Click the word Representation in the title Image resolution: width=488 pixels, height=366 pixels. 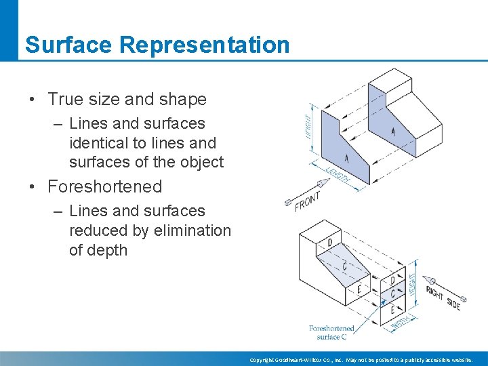[205, 45]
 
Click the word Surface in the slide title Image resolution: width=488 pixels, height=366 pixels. [70, 45]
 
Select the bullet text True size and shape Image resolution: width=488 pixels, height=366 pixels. [127, 99]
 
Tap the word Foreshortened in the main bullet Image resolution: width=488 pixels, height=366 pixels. [105, 186]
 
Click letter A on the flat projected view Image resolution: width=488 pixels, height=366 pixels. [346, 159]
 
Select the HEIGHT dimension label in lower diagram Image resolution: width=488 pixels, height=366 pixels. [413, 289]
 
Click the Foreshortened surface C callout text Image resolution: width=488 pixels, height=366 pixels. [331, 332]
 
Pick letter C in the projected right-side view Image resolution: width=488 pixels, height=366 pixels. [392, 294]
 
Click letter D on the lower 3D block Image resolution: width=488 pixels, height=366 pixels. [329, 243]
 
